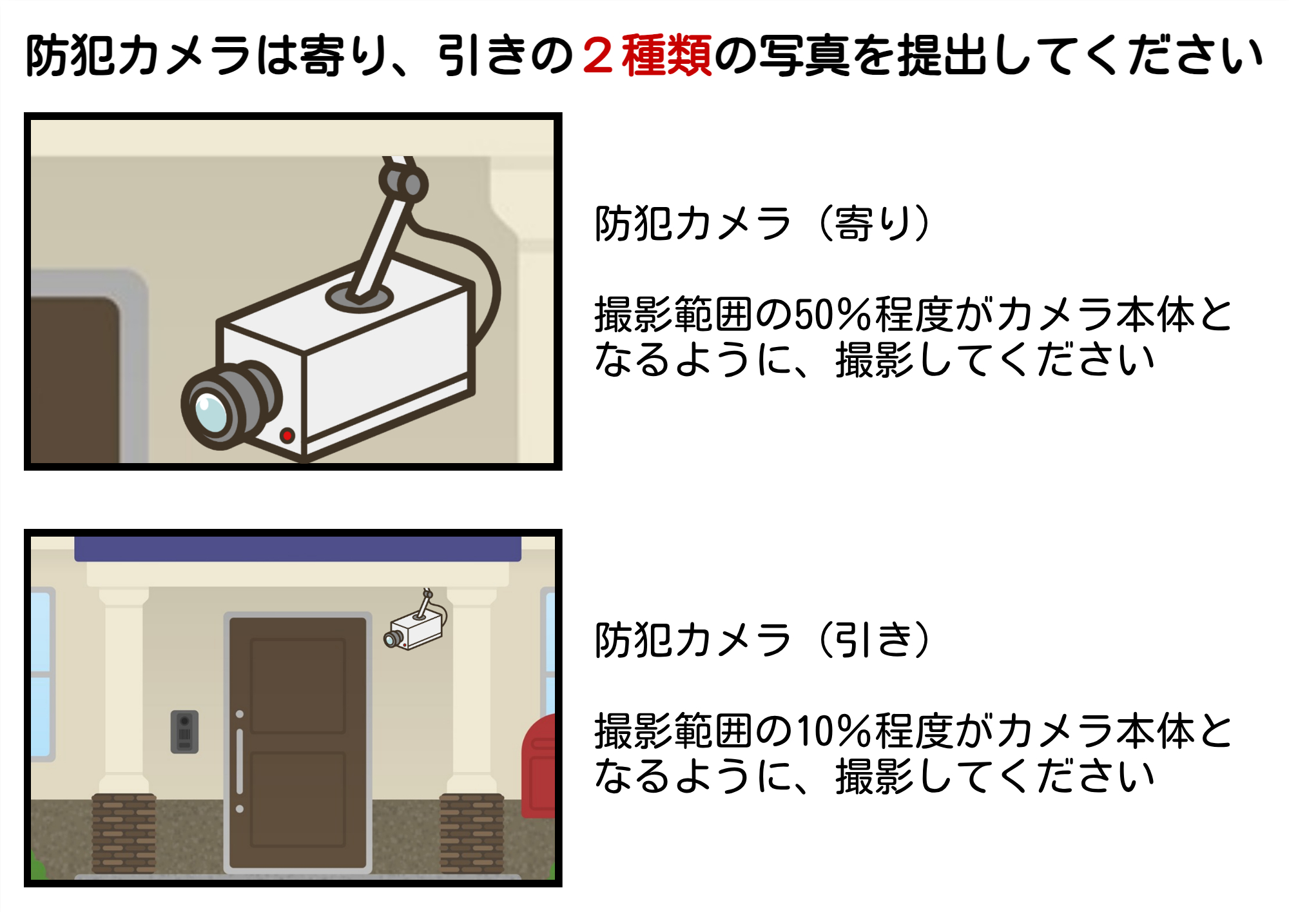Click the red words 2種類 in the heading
pyautogui.click(x=647, y=56)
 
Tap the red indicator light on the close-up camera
pyautogui.click(x=287, y=435)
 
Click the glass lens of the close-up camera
pyautogui.click(x=210, y=411)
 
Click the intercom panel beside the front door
pyautogui.click(x=184, y=731)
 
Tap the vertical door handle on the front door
pyautogui.click(x=240, y=761)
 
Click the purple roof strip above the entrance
pyautogui.click(x=298, y=549)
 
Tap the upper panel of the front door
pyautogui.click(x=298, y=685)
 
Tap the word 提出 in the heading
pyautogui.click(x=942, y=56)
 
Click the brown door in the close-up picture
pyautogui.click(x=74, y=381)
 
